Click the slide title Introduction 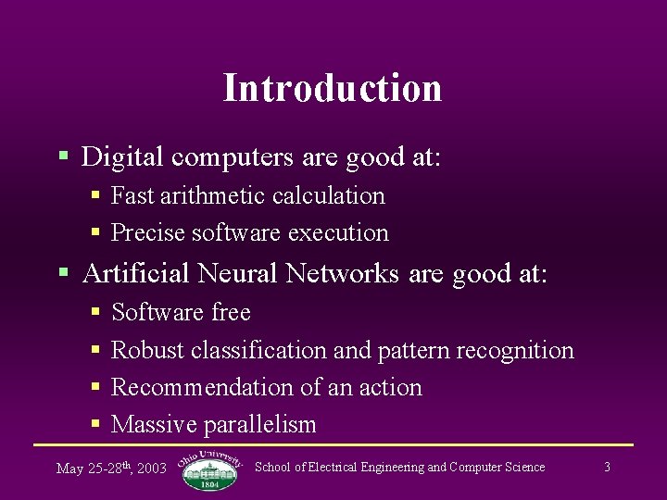[333, 88]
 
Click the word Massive [153, 425]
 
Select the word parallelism [260, 425]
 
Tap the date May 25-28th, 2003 [111, 468]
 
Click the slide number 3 [607, 467]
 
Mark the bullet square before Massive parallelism [95, 424]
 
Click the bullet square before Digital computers [64, 156]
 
